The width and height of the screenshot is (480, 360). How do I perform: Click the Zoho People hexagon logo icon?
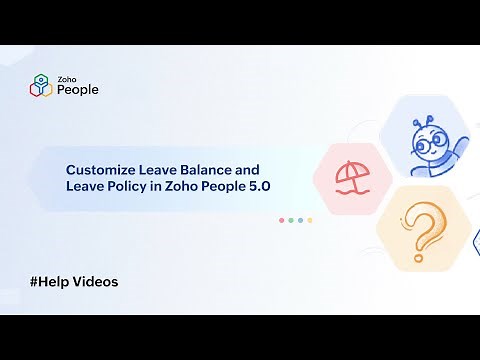[x=40, y=84]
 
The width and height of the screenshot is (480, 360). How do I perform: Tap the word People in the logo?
[x=77, y=89]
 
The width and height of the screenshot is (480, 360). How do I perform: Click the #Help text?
[x=48, y=282]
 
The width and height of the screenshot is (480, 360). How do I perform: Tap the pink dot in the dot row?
[x=280, y=220]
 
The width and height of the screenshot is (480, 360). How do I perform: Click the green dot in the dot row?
[x=290, y=220]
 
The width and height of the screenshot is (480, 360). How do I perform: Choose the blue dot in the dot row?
[x=300, y=220]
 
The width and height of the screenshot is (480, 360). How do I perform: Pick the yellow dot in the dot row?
[x=310, y=220]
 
